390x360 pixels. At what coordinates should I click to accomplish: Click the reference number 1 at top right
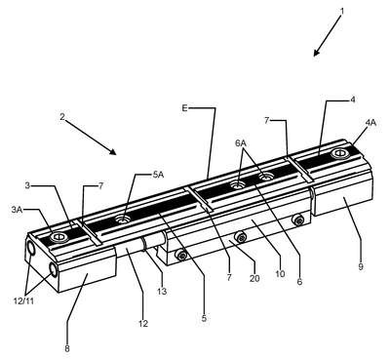pyautogui.click(x=342, y=11)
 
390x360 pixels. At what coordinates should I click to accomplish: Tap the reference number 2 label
pyautogui.click(x=62, y=117)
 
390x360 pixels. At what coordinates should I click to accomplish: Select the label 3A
pyautogui.click(x=17, y=210)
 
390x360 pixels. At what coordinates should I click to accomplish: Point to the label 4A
pyautogui.click(x=370, y=123)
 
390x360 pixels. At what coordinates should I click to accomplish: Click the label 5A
pyautogui.click(x=158, y=175)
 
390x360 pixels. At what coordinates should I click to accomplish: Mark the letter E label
pyautogui.click(x=184, y=108)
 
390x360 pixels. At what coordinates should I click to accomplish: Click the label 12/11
pyautogui.click(x=23, y=301)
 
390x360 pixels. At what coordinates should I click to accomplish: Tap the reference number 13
pyautogui.click(x=162, y=291)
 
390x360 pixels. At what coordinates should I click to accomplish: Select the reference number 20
pyautogui.click(x=254, y=278)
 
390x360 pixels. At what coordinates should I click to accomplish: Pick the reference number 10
pyautogui.click(x=280, y=274)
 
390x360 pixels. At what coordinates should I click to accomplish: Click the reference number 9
pyautogui.click(x=361, y=267)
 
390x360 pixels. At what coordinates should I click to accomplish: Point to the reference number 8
pyautogui.click(x=67, y=349)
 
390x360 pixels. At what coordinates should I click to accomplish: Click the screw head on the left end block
pyautogui.click(x=59, y=237)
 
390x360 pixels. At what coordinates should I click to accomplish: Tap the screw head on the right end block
pyautogui.click(x=340, y=153)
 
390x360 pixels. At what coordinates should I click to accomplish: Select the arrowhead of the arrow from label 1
pyautogui.click(x=316, y=53)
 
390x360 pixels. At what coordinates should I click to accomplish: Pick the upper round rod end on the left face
pyautogui.click(x=32, y=249)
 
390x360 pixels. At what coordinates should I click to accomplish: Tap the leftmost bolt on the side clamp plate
pyautogui.click(x=182, y=256)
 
